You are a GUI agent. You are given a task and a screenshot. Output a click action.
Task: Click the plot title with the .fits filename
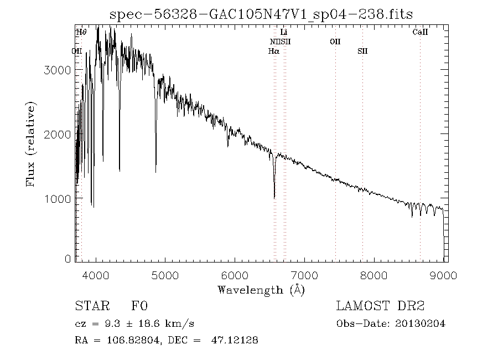click(262, 14)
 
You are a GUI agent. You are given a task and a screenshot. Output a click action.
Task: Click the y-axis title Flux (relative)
click(31, 144)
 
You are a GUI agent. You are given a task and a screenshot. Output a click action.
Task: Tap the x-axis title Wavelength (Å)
click(261, 290)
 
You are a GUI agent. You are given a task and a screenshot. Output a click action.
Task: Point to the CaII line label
click(421, 33)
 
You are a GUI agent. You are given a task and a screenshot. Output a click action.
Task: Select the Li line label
click(284, 33)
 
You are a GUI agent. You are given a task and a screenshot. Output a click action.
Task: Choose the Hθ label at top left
click(81, 33)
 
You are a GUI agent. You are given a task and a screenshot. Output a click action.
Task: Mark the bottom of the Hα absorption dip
click(274, 197)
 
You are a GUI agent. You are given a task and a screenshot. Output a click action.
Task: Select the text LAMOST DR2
click(380, 306)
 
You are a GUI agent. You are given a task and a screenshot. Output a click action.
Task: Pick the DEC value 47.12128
click(234, 340)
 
